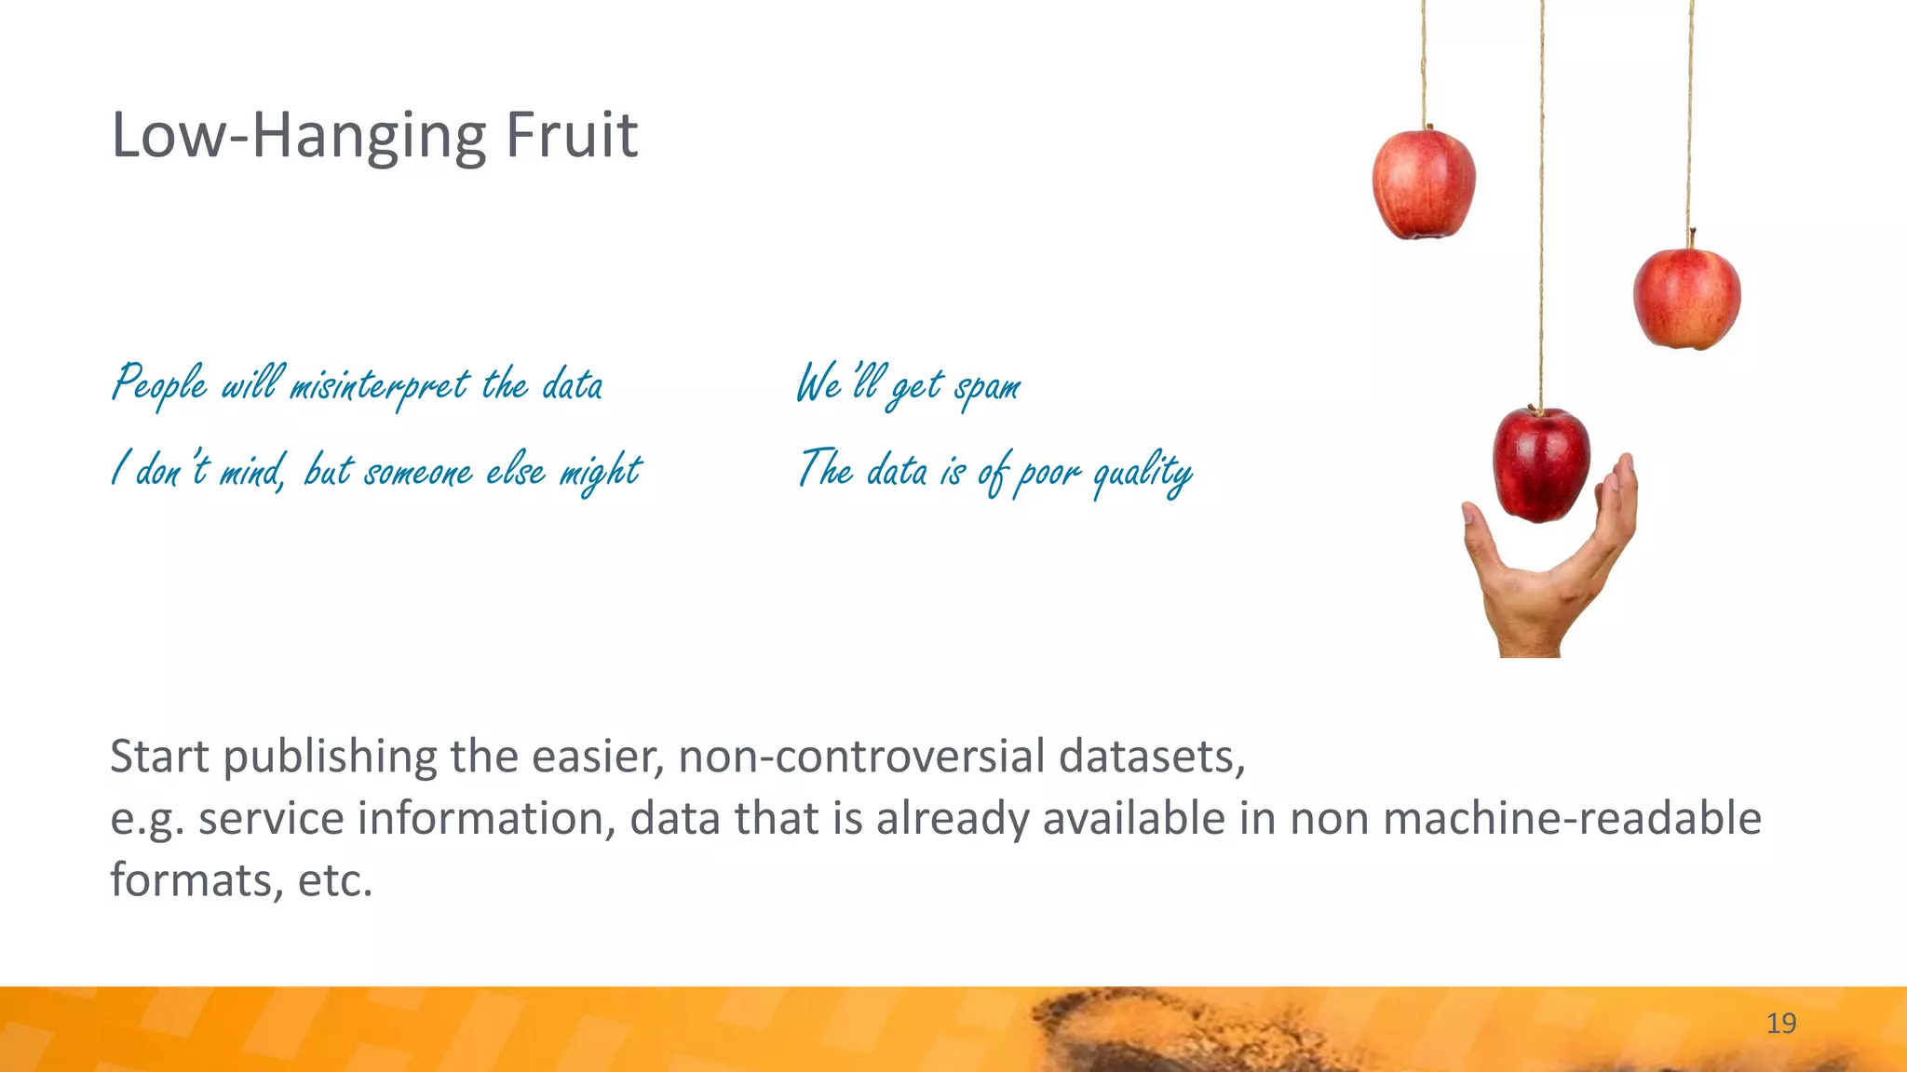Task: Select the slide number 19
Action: (1780, 1024)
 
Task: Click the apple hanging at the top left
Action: (1423, 184)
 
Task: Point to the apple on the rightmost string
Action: (1686, 298)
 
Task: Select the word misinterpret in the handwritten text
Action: (380, 385)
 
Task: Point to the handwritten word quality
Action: (1143, 473)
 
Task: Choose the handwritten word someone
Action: (418, 473)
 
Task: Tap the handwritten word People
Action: (159, 383)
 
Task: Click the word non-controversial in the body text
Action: (861, 756)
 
